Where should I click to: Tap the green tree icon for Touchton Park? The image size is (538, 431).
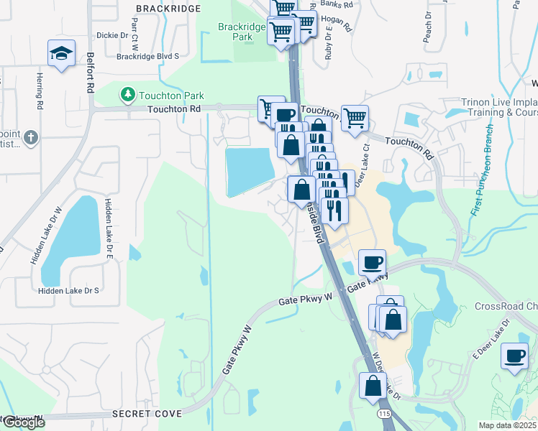tap(127, 95)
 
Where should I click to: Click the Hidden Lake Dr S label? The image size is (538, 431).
tap(68, 290)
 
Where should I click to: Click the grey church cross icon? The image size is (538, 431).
tap(30, 136)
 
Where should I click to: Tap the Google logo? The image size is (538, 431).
tap(23, 422)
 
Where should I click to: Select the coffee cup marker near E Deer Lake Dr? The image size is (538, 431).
tap(514, 356)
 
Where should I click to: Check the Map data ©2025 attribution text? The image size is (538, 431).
tap(508, 425)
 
